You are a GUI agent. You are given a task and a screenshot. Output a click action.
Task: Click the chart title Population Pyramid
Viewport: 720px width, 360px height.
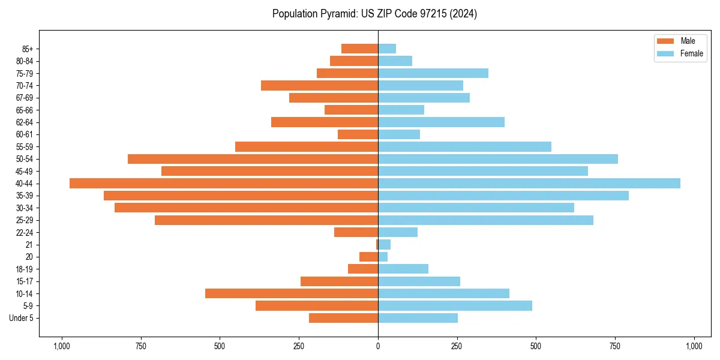pyautogui.click(x=374, y=14)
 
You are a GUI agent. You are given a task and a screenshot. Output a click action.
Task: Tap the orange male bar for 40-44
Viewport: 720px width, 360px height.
pyautogui.click(x=224, y=184)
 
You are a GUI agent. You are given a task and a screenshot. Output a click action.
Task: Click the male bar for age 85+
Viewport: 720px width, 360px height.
pyautogui.click(x=359, y=49)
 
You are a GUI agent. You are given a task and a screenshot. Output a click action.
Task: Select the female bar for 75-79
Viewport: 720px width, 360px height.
pyautogui.click(x=433, y=73)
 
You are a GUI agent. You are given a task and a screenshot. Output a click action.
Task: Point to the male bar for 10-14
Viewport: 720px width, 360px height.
pyautogui.click(x=292, y=293)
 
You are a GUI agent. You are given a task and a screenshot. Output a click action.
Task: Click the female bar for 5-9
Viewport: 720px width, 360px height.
pyautogui.click(x=455, y=306)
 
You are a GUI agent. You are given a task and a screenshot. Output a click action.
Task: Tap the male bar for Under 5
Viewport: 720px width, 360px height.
pyautogui.click(x=343, y=318)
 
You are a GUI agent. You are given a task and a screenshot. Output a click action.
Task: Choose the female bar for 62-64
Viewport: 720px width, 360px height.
pyautogui.click(x=441, y=122)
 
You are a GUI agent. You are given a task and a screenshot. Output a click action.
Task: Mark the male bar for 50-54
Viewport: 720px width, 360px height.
pyautogui.click(x=253, y=159)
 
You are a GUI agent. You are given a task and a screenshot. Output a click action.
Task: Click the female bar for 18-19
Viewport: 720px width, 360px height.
pyautogui.click(x=403, y=269)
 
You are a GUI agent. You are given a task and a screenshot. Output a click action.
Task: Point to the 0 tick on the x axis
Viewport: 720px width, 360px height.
pyautogui.click(x=378, y=346)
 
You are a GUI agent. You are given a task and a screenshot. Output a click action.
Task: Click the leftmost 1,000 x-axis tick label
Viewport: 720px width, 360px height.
pyautogui.click(x=61, y=346)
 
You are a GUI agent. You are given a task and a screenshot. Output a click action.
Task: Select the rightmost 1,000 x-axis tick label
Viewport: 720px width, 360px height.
pyautogui.click(x=694, y=346)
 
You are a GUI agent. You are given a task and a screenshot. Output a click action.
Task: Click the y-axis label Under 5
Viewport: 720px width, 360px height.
pyautogui.click(x=21, y=318)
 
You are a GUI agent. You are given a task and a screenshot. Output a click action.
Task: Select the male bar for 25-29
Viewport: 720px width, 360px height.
pyautogui.click(x=266, y=220)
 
